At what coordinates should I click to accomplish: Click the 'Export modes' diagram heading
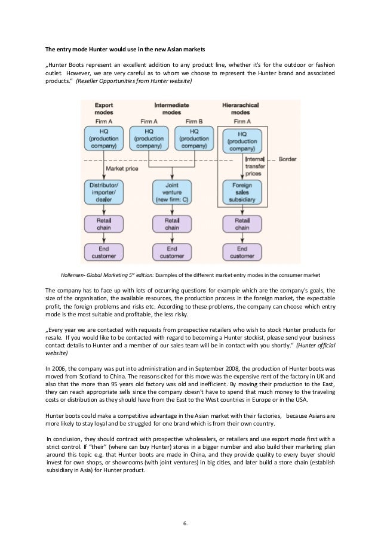[104, 108]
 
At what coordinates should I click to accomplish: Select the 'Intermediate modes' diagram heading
[172, 108]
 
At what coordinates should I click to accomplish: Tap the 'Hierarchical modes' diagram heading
[242, 108]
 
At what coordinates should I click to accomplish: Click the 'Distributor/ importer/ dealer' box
[104, 193]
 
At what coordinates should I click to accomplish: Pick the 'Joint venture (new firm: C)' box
[172, 193]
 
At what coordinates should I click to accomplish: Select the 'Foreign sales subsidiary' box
[242, 193]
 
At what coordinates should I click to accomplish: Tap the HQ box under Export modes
[104, 138]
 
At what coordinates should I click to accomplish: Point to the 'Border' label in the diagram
[287, 160]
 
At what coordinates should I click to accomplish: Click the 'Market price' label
[122, 169]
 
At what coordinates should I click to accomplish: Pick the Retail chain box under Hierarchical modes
[242, 224]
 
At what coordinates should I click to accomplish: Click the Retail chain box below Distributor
[104, 224]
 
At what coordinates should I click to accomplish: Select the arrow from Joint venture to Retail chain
[172, 210]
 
